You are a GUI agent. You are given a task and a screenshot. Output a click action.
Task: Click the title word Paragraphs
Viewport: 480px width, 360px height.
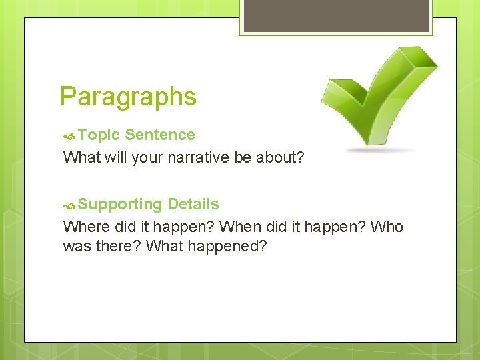coord(128,97)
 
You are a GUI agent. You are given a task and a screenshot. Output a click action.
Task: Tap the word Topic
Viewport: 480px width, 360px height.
coord(99,135)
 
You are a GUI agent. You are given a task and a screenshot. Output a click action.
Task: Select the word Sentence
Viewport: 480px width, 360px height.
coord(160,135)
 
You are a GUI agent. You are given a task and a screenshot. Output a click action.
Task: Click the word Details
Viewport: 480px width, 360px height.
coord(193,204)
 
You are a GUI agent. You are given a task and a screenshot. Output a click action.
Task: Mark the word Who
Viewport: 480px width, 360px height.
coord(387,227)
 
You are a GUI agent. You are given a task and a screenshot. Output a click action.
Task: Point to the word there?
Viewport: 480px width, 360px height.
coord(117,247)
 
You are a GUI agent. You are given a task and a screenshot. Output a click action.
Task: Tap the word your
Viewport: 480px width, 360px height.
coord(147,158)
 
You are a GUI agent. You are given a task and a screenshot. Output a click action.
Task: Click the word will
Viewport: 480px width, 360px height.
coord(116,158)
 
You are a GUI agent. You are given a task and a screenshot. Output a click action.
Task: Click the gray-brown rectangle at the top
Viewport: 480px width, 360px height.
coord(335,15)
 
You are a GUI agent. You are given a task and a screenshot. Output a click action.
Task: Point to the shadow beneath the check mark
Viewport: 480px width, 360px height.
coord(379,151)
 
